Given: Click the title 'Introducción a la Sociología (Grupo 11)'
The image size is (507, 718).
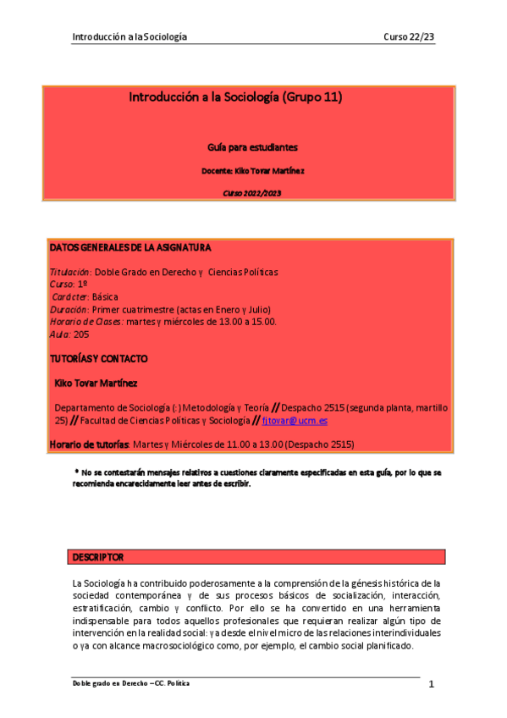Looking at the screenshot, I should click(234, 97).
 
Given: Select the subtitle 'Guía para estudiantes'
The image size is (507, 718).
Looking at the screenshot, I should click(252, 146).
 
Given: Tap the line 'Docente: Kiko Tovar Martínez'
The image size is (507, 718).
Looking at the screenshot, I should click(252, 170).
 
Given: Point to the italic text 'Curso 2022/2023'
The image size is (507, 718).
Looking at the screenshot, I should click(252, 194).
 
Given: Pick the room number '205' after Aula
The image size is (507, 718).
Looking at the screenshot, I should click(81, 334).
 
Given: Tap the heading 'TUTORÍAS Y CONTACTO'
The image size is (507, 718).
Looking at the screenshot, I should click(98, 359).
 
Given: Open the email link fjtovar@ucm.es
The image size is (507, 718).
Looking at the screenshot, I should click(295, 420).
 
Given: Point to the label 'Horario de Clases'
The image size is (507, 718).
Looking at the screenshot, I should click(86, 322).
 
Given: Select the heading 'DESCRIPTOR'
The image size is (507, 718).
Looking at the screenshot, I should click(98, 557).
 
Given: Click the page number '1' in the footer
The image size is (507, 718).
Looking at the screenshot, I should click(431, 684).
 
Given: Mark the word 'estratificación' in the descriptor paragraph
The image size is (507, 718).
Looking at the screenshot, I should click(102, 608).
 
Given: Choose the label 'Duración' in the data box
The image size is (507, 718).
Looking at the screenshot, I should click(69, 310).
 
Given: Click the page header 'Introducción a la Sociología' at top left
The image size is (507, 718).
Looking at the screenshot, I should click(130, 36).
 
